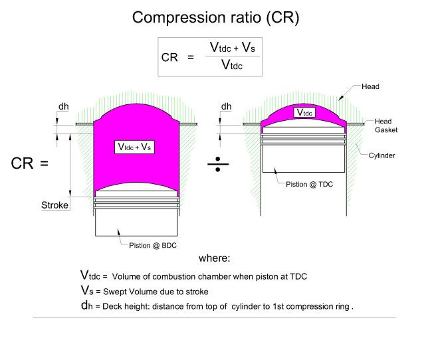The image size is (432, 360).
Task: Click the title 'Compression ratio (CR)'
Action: point(215,17)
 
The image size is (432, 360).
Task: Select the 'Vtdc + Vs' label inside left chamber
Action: point(135,147)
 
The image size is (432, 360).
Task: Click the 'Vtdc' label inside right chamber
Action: point(304,113)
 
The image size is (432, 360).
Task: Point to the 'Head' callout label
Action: point(370,87)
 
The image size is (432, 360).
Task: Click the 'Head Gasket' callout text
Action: point(385,126)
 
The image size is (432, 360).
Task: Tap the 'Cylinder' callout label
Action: point(383,155)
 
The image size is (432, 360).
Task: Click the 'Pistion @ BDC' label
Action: point(150,246)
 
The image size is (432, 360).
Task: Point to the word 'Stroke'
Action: point(55,205)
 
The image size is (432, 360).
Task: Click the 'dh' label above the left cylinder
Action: point(64,106)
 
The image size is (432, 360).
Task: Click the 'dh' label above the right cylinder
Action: point(227,106)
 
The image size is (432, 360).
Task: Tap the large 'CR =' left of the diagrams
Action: point(30,162)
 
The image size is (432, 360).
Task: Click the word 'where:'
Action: point(214,258)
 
